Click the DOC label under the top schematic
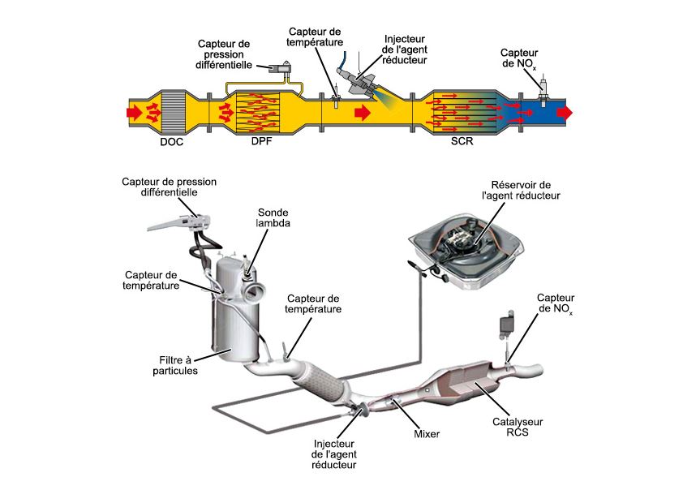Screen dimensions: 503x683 click(x=172, y=143)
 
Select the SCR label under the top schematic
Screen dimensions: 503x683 click(x=462, y=143)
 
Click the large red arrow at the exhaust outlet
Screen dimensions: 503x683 click(x=565, y=113)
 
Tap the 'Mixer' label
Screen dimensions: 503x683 click(x=425, y=434)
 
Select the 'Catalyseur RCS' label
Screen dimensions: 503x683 click(x=517, y=428)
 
